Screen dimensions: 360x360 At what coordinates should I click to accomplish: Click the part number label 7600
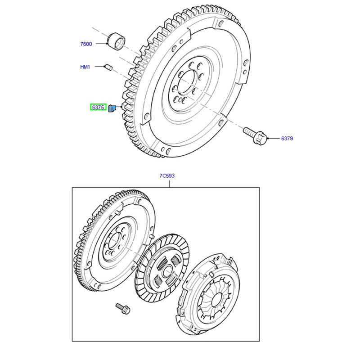point(86,44)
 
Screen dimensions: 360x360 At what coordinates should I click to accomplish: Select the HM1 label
point(85,67)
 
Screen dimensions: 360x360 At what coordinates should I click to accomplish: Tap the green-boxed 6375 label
point(98,108)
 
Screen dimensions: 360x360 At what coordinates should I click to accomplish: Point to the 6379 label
point(287,139)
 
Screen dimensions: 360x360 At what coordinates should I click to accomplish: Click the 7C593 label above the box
point(166,176)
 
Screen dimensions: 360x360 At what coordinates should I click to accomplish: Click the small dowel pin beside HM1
point(108,67)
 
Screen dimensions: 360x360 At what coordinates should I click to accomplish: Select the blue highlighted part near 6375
point(112,108)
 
